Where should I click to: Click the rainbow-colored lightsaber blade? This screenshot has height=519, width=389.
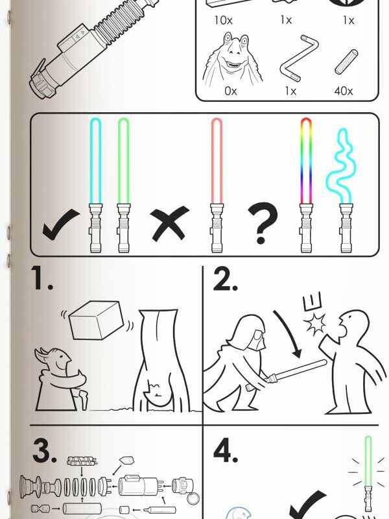(306, 161)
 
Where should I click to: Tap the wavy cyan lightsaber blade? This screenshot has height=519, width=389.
(341, 165)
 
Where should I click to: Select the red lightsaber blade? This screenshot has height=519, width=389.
(217, 161)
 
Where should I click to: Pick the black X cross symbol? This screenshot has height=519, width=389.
(170, 223)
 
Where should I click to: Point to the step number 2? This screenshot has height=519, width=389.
(225, 279)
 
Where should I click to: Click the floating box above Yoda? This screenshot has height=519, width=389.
(96, 320)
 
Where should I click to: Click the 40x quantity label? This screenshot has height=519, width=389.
(344, 91)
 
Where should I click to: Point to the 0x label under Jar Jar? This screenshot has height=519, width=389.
(231, 91)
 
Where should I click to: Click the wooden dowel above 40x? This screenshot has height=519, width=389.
(346, 62)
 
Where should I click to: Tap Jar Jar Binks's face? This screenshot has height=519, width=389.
(234, 54)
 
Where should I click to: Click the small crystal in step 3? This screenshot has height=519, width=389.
(126, 460)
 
